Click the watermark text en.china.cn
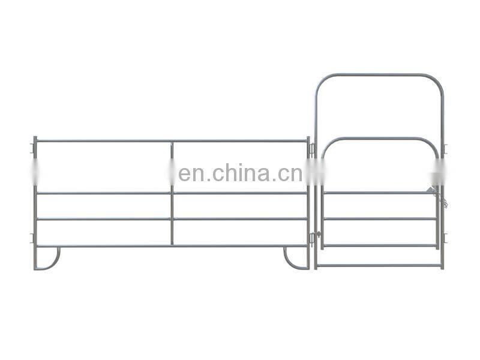[240, 174]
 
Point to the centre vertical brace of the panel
[172, 192]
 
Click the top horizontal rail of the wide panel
[171, 141]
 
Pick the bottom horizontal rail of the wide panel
[171, 245]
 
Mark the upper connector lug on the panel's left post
[32, 145]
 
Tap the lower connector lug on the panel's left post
[32, 238]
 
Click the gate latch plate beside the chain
[431, 191]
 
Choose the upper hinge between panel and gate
[313, 148]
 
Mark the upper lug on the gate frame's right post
[445, 148]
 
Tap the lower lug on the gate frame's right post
[445, 238]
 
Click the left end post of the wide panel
[35, 204]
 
